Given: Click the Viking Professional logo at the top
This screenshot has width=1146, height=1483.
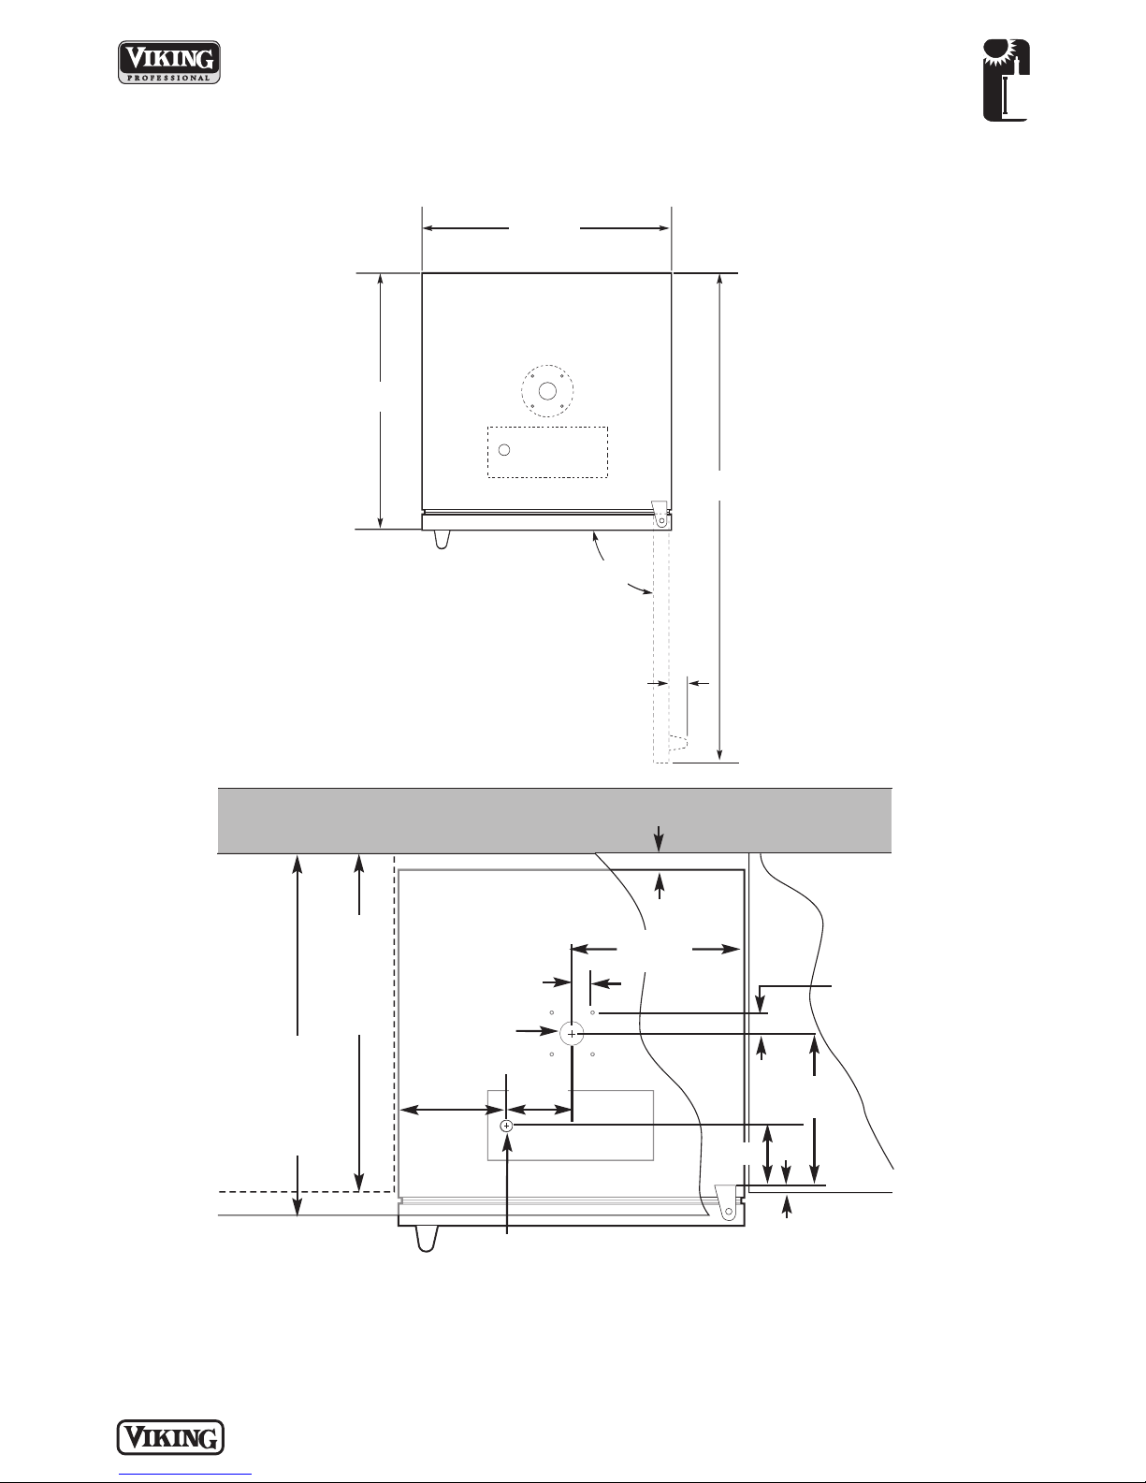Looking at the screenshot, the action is tap(169, 62).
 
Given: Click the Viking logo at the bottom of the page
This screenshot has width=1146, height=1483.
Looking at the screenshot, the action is tap(170, 1438).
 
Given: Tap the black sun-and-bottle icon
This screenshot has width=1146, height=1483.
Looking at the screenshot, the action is tap(1007, 80).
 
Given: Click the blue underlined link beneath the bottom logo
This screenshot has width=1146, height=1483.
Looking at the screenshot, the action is tap(185, 1475).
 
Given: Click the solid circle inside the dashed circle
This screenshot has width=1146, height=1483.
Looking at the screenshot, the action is tap(547, 391).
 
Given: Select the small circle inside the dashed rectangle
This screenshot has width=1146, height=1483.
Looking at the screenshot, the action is tap(504, 450).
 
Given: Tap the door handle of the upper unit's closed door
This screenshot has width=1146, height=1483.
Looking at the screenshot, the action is tap(442, 539).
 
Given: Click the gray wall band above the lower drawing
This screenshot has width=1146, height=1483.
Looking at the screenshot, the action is tap(554, 821).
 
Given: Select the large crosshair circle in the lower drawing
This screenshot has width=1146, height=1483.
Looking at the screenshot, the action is tap(572, 1034).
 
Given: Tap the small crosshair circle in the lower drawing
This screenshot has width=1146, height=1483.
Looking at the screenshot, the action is tap(506, 1127).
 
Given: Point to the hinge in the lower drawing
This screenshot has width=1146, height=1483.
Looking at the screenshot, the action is tap(727, 1201).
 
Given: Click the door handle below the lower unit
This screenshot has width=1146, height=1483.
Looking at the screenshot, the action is tap(427, 1238).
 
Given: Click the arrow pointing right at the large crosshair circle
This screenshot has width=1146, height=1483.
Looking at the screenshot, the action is tap(537, 1030).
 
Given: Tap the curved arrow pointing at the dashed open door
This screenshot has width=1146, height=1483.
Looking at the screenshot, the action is tap(640, 589).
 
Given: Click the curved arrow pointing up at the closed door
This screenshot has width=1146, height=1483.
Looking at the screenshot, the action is tap(598, 545).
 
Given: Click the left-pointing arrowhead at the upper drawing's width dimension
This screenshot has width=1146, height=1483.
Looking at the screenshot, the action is tap(429, 228).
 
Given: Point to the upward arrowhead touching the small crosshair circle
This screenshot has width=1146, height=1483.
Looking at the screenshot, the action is tap(507, 1142).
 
